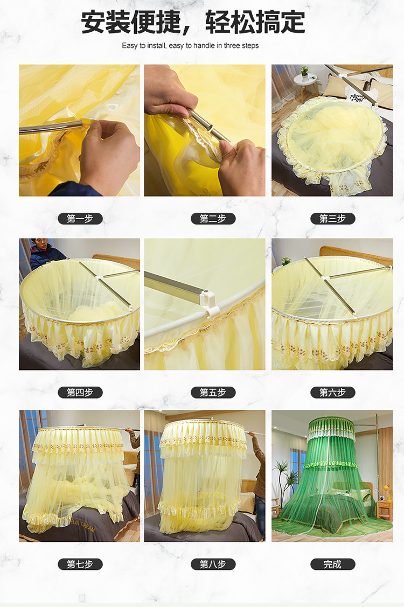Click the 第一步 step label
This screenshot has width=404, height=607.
coord(80,219)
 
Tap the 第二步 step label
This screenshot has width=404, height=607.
coord(213,219)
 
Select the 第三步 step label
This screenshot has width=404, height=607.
coord(333,219)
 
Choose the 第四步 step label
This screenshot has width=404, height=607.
coord(80,393)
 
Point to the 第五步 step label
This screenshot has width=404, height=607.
coord(213,393)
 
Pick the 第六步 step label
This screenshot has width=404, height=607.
coord(333,393)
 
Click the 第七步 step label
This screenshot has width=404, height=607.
coord(80,564)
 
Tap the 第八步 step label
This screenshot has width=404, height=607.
coord(213,564)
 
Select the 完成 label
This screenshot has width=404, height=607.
coord(333,564)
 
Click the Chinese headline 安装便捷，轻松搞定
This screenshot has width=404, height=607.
coord(193,23)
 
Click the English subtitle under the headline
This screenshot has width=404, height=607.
coord(190,46)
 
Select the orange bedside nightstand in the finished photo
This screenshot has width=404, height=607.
coord(384,509)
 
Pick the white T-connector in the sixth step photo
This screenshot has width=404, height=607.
coord(325,277)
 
